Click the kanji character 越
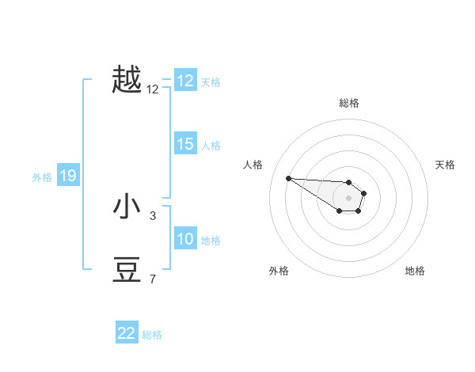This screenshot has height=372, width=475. pos(127,80)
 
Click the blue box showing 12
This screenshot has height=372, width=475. pos(185,81)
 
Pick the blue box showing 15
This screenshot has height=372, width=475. pos(185,144)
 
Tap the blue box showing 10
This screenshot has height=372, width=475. pos(185,239)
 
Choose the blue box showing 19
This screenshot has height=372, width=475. pos(67,176)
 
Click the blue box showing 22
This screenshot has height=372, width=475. pos(127,333)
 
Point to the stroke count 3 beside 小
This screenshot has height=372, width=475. pos(153,215)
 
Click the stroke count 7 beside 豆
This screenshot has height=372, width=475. pos(153,279)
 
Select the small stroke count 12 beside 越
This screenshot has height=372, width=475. pos(153,89)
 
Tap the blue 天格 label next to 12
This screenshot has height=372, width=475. pos(211,82)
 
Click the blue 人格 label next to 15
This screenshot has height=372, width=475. pos(211,146)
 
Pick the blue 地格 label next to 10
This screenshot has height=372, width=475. pos(211,241)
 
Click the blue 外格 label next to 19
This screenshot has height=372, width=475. pos(42,177)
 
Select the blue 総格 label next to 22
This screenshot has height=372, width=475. pos(152,335)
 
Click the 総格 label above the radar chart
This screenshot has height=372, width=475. pos(349,103)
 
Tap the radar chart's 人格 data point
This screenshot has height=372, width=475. pos(288,178)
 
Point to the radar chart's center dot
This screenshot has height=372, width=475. pos(349,198)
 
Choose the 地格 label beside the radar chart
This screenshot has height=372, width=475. pos(415,271)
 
